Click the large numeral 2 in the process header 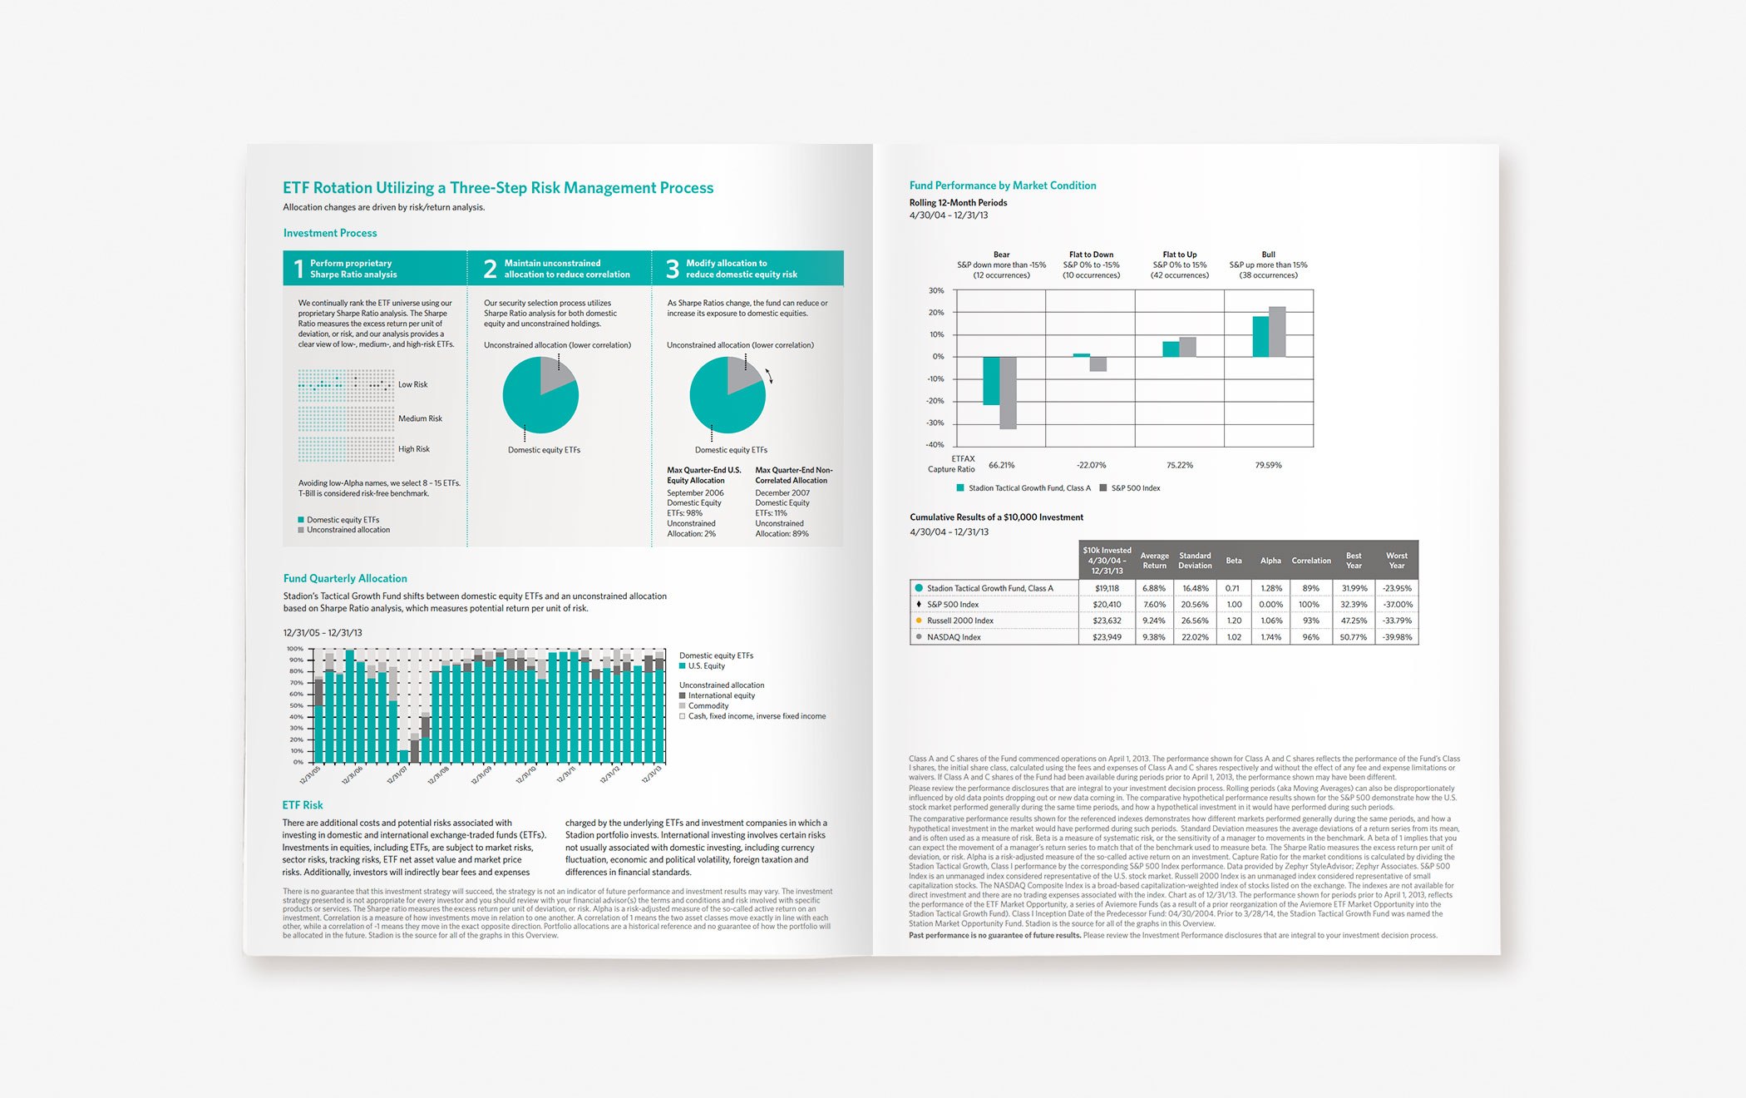pos(490,269)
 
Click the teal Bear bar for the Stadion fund pos(991,381)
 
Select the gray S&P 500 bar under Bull pos(1277,332)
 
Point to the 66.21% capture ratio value pos(1001,465)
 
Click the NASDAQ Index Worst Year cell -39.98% pos(1397,637)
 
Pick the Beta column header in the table pos(1234,561)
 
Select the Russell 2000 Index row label pos(960,621)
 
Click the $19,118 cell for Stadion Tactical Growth pos(1107,588)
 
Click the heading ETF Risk pos(303,805)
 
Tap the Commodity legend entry pos(708,705)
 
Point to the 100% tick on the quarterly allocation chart pos(295,649)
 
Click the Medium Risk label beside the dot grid pos(420,418)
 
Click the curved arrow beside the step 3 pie pos(769,376)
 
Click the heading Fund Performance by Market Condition pos(1003,185)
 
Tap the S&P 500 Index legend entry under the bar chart pos(1135,488)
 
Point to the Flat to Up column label pos(1179,255)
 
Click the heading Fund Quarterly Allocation pos(345,578)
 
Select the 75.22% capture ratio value pos(1179,465)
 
